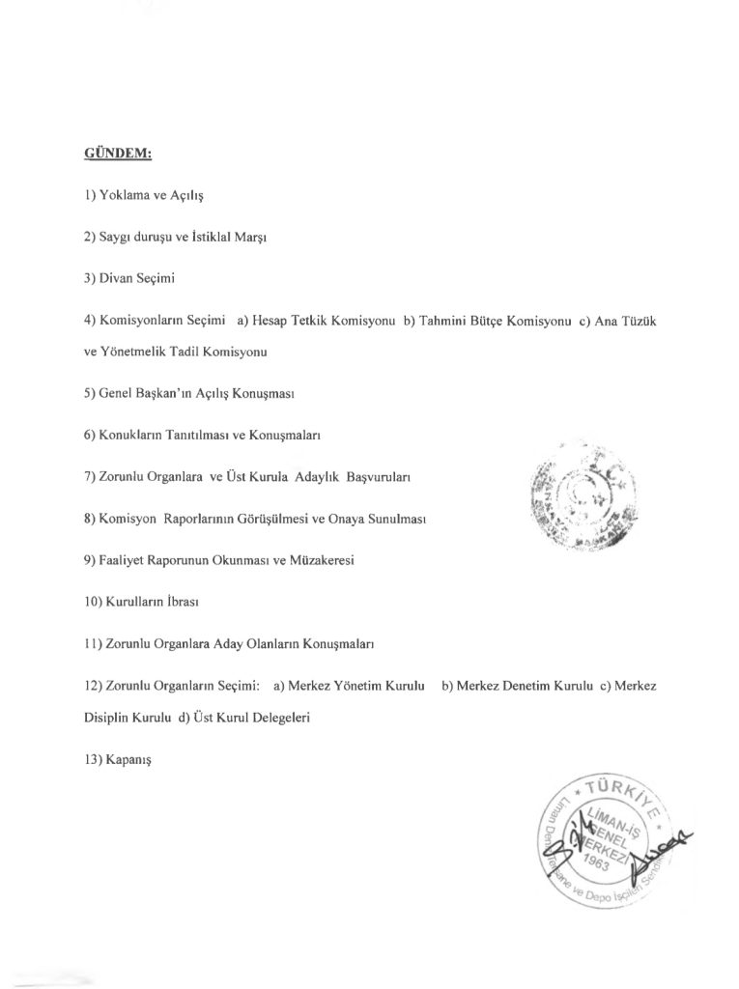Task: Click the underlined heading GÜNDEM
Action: tap(119, 153)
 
